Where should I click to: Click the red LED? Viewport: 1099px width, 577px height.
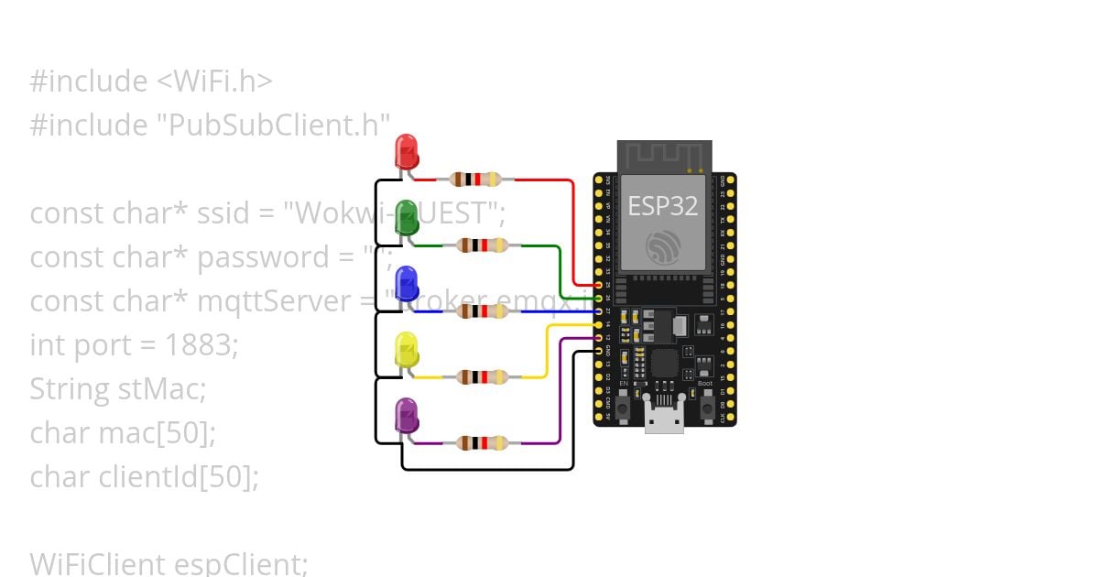coord(406,151)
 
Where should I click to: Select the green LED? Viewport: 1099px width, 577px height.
coord(406,218)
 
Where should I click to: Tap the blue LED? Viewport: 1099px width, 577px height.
coord(406,284)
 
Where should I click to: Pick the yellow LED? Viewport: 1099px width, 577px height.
coord(406,351)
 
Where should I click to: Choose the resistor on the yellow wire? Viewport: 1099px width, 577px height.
coord(482,376)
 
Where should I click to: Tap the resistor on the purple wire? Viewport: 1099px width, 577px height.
coord(482,443)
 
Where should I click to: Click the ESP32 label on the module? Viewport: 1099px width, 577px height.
coord(662,206)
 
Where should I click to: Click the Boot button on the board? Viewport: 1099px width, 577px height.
coord(707,407)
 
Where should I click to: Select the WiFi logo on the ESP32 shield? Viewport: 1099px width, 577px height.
coord(663,246)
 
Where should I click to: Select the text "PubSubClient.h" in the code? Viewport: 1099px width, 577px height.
coord(279,125)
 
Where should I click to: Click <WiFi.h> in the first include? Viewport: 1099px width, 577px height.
coord(214,82)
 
